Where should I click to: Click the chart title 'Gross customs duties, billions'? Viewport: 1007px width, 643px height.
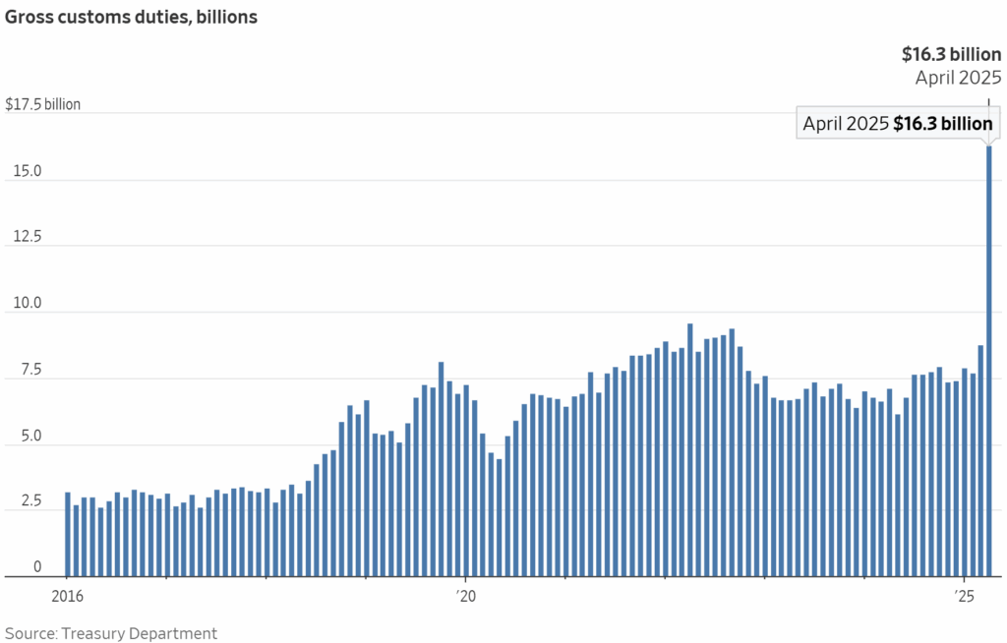point(131,18)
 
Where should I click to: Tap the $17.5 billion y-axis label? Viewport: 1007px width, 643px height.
point(43,104)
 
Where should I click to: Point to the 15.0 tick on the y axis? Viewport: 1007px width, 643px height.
point(23,171)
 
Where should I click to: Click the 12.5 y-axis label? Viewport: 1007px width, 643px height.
point(23,237)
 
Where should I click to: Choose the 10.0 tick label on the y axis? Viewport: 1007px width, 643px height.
point(23,303)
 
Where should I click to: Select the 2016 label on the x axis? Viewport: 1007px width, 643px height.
point(67,596)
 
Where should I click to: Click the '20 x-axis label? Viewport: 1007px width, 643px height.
point(465,596)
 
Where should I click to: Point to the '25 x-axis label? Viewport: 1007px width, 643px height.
point(965,596)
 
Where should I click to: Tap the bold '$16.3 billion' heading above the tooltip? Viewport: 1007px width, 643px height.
point(951,55)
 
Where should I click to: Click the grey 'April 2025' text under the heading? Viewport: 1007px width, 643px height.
point(958,79)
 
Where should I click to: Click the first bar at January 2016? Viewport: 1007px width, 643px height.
point(68,534)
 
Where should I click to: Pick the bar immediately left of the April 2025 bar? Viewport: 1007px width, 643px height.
point(980,460)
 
